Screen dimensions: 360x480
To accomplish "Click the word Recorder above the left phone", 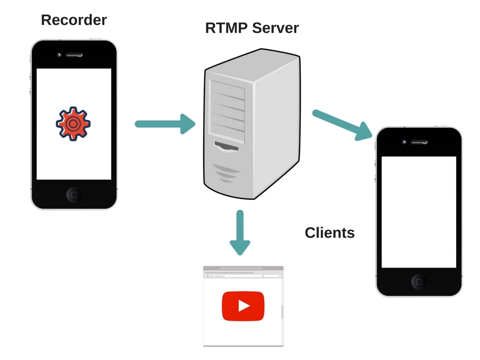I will [x=74, y=20].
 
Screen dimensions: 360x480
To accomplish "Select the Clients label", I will [x=330, y=232].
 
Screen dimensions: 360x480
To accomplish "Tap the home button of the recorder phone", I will [x=74, y=194].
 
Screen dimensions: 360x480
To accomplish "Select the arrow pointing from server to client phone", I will [x=342, y=125].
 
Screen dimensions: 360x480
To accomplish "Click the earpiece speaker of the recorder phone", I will [x=74, y=55].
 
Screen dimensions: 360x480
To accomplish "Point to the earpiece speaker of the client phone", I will [x=419, y=142].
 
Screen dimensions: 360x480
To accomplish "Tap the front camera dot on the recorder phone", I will [x=59, y=55].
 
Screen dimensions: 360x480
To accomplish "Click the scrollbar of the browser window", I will [x=282, y=312].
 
